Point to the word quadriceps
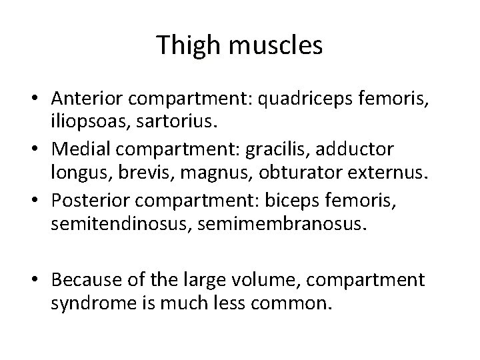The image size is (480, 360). tap(319, 99)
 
